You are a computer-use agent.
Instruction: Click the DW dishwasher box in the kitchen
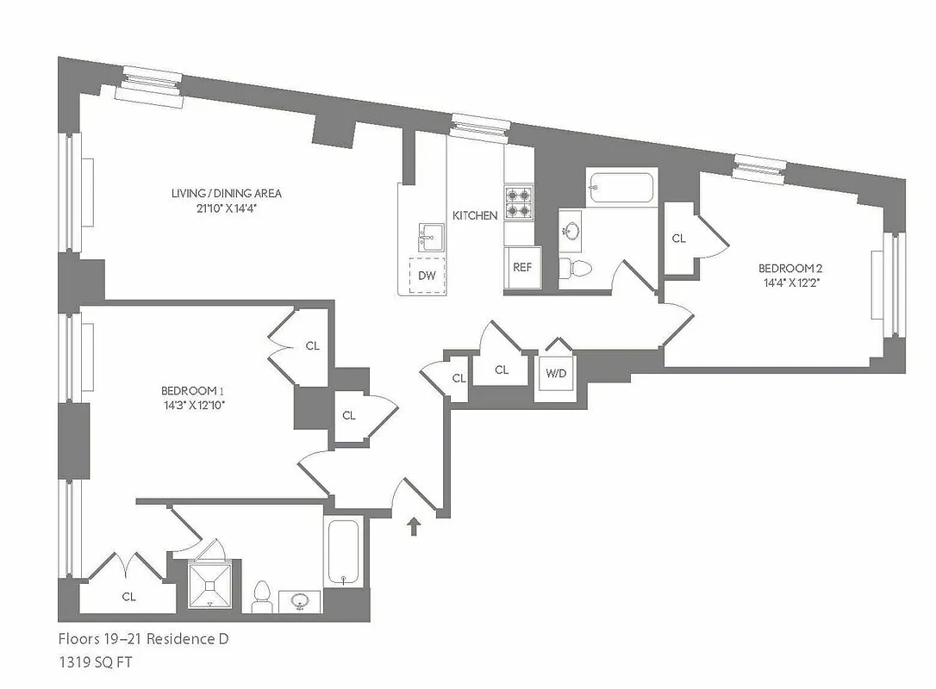[427, 276]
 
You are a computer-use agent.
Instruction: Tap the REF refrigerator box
[522, 267]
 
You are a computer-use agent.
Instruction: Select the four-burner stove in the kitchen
[519, 202]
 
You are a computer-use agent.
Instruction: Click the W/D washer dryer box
[553, 374]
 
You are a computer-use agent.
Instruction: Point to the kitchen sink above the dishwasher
[428, 234]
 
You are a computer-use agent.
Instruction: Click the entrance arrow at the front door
[413, 525]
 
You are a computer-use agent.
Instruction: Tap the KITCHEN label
[475, 215]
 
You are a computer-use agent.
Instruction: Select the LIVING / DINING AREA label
[226, 193]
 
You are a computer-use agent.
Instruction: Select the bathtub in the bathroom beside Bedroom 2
[621, 188]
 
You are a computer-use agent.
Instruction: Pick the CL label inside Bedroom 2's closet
[678, 239]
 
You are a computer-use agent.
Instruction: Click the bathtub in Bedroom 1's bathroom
[344, 553]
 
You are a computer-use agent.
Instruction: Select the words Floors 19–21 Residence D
[143, 639]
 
